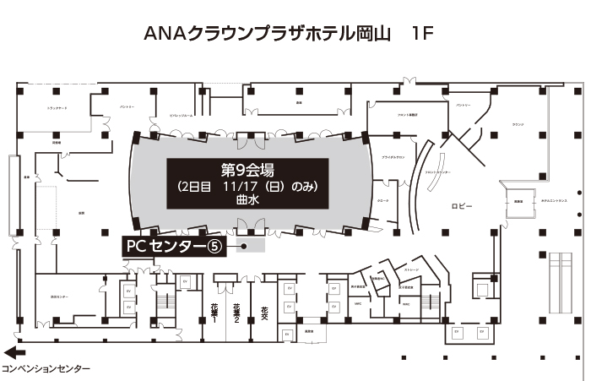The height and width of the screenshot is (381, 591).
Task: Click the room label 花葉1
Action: pyautogui.click(x=214, y=313)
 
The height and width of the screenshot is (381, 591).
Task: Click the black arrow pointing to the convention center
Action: pyautogui.click(x=15, y=354)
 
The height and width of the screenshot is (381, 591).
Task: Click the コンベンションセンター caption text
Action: pyautogui.click(x=46, y=370)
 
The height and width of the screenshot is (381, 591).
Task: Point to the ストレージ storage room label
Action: pyautogui.click(x=411, y=270)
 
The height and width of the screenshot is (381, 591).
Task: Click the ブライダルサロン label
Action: pyautogui.click(x=393, y=158)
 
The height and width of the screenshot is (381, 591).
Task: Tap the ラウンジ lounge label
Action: pyautogui.click(x=517, y=124)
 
